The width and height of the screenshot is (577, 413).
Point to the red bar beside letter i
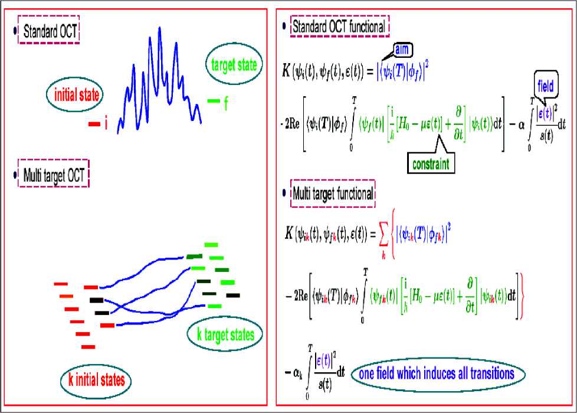click(x=94, y=124)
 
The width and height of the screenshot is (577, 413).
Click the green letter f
click(x=225, y=104)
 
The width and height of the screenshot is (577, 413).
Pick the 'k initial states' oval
click(x=96, y=379)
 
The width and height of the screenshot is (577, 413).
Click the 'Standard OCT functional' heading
click(x=339, y=27)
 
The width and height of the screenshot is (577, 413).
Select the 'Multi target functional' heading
click(x=333, y=193)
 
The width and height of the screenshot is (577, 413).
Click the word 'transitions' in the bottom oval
click(x=486, y=373)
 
